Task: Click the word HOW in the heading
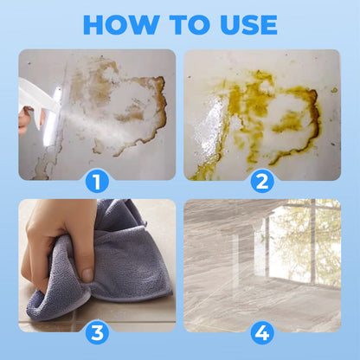click(x=121, y=25)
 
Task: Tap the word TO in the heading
click(x=190, y=25)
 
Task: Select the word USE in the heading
click(x=248, y=25)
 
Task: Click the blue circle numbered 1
click(x=97, y=182)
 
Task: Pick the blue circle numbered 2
click(x=262, y=182)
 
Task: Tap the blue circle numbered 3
click(x=97, y=333)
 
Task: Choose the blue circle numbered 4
click(x=262, y=333)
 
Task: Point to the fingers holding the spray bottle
click(x=28, y=119)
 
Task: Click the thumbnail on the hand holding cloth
click(x=87, y=275)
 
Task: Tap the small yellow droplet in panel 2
click(x=334, y=90)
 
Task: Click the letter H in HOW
click(x=93, y=25)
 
